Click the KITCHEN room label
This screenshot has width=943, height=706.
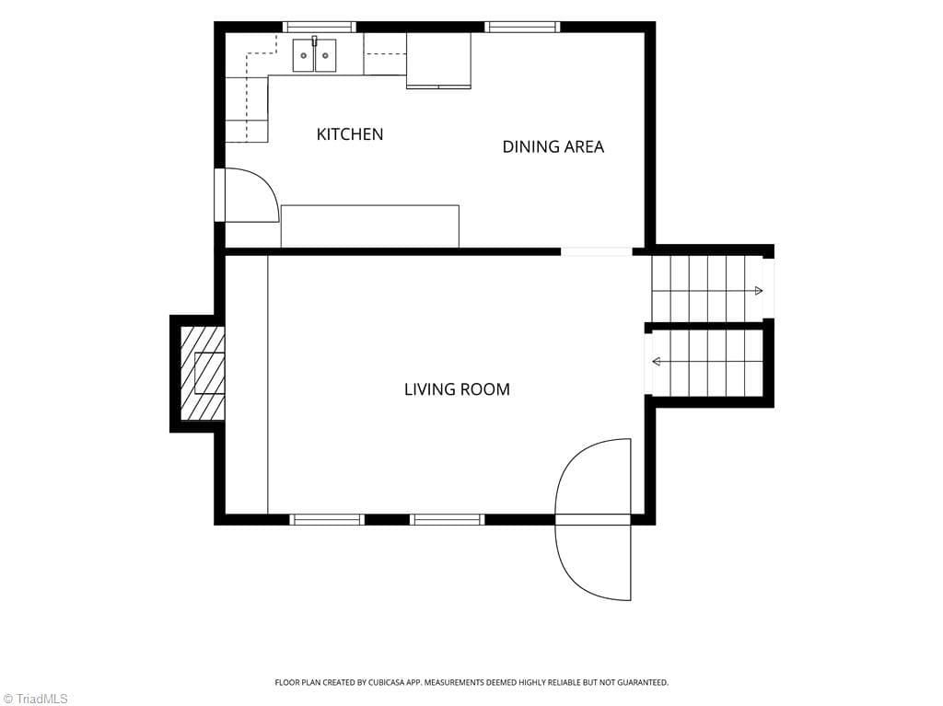350,134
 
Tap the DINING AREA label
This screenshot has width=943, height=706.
553,146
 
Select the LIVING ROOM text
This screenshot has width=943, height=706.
457,389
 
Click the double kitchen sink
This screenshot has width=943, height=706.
315,55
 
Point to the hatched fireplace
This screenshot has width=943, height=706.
203,373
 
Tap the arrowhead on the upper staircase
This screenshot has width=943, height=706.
759,291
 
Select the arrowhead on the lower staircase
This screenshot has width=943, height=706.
657,362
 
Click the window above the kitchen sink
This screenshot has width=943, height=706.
320,27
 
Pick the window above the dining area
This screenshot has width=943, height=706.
523,27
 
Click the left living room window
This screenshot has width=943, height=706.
327,519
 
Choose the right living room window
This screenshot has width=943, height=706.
447,519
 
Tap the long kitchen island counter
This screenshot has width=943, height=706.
370,226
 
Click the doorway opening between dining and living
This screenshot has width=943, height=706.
597,252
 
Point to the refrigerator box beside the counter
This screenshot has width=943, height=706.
438,61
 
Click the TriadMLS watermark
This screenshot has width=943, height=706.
34,699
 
